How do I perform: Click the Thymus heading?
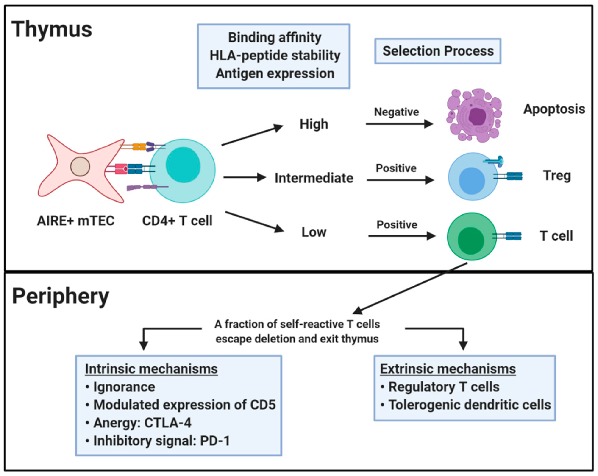51,29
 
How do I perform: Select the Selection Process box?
438,51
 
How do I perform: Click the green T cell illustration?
471,237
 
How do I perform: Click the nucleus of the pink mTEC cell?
80,167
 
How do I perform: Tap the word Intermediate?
314,178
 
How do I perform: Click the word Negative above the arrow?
396,112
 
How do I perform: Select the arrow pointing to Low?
254,222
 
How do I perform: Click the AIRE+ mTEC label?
76,221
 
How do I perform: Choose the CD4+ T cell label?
177,221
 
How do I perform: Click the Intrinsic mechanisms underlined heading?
151,369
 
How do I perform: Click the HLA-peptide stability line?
275,56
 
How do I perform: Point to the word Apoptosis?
554,109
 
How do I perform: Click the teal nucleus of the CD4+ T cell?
183,165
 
